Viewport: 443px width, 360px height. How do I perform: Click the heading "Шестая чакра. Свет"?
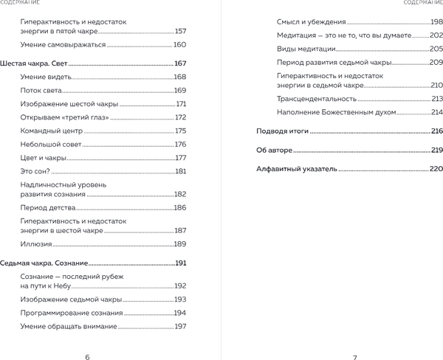[x=34, y=64]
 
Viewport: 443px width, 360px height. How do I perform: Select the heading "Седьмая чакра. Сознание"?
[x=44, y=263]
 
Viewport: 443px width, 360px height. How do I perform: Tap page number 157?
[x=181, y=32]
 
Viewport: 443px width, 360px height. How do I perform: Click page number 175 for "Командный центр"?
[x=181, y=131]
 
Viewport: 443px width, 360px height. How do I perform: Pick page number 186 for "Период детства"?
[x=181, y=209]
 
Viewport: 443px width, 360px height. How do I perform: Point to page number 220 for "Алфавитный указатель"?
[x=436, y=169]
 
